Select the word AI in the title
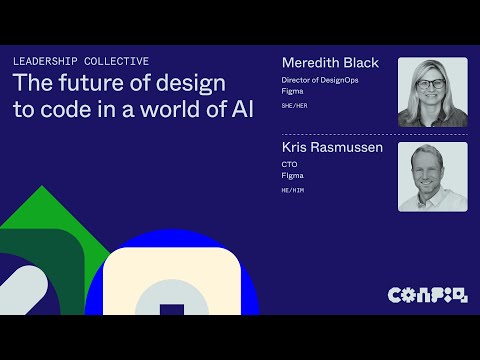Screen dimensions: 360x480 [241, 108]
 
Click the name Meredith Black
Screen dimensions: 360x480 [330, 63]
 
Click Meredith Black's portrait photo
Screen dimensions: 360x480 [432, 91]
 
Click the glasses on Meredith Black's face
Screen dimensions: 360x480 [433, 86]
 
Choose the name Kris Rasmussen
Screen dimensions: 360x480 [333, 149]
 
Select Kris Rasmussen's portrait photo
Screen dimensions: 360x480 [432, 176]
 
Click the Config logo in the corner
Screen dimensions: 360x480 [427, 294]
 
